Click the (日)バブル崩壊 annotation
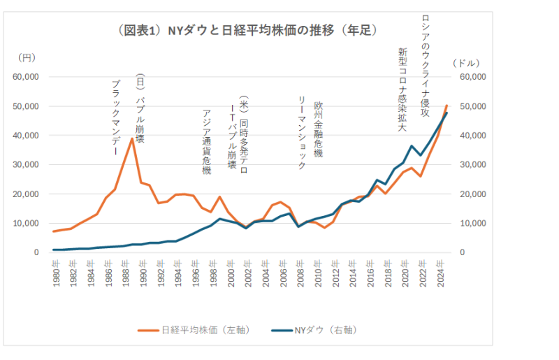click(x=140, y=108)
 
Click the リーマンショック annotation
click(x=303, y=133)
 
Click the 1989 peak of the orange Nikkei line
click(x=131, y=138)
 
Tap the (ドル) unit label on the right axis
click(x=467, y=63)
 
